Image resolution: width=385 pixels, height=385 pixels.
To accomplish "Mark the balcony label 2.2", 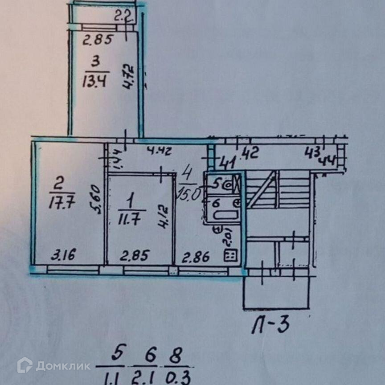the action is tap(122, 18).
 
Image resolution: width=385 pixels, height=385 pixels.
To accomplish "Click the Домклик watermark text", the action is tap(63, 366).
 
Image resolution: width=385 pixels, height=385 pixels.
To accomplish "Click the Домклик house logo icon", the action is tap(25, 365).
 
